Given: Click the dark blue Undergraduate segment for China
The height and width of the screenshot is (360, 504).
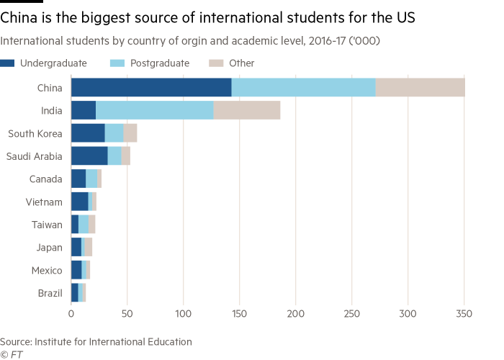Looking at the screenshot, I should (x=151, y=88).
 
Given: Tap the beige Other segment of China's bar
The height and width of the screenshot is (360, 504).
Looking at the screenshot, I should (x=420, y=88).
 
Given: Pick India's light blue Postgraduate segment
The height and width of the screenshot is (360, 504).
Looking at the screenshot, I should (x=154, y=110).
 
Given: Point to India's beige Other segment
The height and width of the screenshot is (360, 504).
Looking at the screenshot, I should (x=247, y=110).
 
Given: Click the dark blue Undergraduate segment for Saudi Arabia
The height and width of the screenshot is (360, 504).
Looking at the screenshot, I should (x=89, y=156).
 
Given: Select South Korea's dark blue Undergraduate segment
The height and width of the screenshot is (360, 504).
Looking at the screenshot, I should (x=88, y=133).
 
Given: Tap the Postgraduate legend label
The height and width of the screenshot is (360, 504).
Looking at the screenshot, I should (x=160, y=63).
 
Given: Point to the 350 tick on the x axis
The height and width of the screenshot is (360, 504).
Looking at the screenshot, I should (x=464, y=314).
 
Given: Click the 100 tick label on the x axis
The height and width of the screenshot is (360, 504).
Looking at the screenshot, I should (x=184, y=314).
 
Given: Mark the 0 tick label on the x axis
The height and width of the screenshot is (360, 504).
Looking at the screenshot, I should (x=71, y=314).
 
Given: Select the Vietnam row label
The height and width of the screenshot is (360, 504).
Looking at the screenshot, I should (x=46, y=202).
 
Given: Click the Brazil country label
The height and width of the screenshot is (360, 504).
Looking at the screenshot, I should (x=50, y=293).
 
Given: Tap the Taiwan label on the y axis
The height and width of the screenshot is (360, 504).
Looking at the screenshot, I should (x=48, y=225).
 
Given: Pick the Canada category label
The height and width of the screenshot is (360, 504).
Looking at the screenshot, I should (x=46, y=179).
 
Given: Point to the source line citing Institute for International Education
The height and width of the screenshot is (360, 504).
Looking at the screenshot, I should (x=96, y=341).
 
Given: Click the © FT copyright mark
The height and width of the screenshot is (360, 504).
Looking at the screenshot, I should (x=10, y=354).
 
